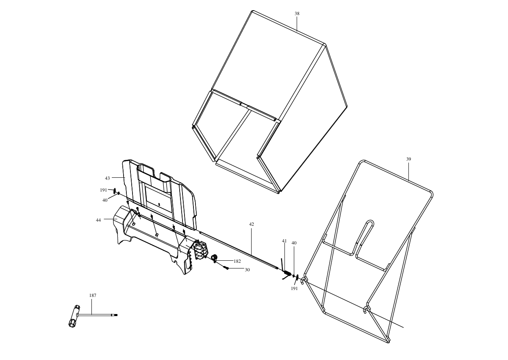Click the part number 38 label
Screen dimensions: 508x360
(297, 13)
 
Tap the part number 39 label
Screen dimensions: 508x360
(408, 159)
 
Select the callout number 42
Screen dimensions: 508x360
(252, 224)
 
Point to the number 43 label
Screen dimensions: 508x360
(107, 179)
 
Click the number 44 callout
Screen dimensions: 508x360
(98, 220)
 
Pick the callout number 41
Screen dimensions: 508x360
(284, 241)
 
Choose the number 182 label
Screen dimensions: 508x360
(237, 261)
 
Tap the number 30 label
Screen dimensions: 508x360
(247, 270)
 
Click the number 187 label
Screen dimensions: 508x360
(93, 295)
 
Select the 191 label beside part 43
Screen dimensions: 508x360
(103, 190)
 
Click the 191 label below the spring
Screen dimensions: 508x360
(294, 288)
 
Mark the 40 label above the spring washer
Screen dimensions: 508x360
(294, 243)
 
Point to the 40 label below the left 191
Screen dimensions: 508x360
(105, 200)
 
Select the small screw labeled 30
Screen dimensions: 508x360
(226, 268)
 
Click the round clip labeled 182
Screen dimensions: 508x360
(214, 258)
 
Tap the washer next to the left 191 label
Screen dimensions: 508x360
(114, 191)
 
